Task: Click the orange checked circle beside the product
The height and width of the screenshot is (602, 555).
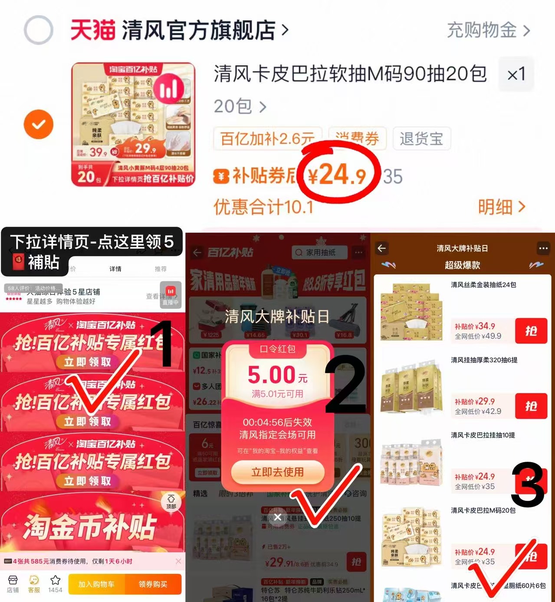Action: point(39,125)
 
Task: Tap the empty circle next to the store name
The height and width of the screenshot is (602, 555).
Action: point(39,30)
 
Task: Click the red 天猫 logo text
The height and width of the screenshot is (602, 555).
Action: point(93,30)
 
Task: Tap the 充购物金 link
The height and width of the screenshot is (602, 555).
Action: point(488,30)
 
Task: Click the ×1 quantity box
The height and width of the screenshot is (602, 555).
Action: point(516,74)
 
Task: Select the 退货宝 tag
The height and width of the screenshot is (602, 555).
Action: point(421,139)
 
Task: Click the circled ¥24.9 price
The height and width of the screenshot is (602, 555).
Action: point(337,175)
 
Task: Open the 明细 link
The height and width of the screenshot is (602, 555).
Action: point(501,207)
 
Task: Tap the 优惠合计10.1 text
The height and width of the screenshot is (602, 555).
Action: point(263,207)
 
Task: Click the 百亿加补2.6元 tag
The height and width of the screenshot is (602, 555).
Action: point(267,139)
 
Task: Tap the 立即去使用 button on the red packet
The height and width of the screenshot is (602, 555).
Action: point(278,472)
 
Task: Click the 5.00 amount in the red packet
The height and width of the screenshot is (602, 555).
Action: point(272,375)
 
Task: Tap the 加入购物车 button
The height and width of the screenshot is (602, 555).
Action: point(96,584)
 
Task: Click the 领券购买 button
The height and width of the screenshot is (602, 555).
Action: point(153,584)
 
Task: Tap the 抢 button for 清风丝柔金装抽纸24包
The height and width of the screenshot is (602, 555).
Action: point(531,331)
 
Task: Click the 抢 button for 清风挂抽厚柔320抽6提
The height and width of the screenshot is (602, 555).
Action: point(531,406)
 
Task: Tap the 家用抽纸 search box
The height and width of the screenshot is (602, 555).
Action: point(320,252)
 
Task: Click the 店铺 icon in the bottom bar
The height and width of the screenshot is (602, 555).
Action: point(13,584)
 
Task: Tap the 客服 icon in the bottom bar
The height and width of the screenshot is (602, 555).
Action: point(34,584)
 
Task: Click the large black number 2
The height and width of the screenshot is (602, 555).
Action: point(346,384)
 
